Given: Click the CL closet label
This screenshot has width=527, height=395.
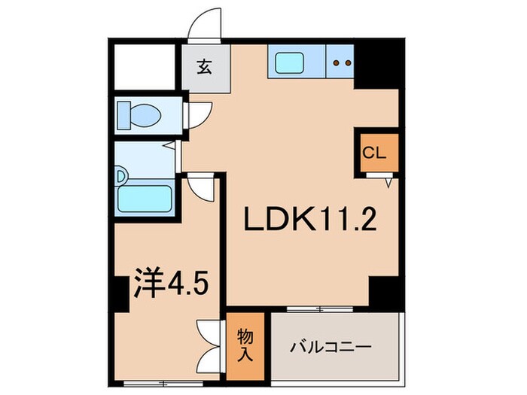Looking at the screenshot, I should click(x=373, y=153).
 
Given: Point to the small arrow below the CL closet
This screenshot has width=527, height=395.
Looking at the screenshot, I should click(x=389, y=181).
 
